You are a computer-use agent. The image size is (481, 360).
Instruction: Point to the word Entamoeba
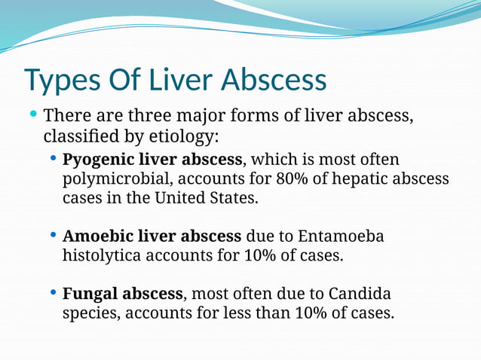(342, 236)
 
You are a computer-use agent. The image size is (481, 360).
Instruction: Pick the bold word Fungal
(90, 294)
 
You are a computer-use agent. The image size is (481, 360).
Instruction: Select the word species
(88, 313)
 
